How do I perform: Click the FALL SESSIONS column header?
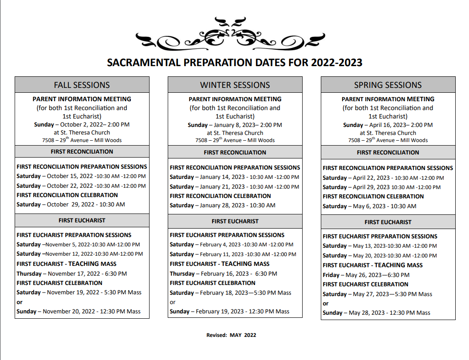click(82, 85)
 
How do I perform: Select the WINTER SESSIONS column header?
click(235, 85)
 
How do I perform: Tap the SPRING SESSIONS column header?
click(388, 85)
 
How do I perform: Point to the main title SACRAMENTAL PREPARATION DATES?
click(235, 63)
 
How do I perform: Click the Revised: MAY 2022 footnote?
click(231, 335)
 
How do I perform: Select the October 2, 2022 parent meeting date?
click(82, 125)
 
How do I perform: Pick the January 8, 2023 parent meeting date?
click(235, 125)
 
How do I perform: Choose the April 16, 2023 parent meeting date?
click(388, 125)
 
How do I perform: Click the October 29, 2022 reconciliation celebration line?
click(71, 205)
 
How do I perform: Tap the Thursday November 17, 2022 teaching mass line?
click(72, 273)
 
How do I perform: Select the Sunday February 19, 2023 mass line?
click(229, 312)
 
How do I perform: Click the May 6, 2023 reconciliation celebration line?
click(370, 206)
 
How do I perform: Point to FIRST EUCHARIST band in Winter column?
click(235, 221)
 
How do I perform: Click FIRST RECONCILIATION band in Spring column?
click(388, 152)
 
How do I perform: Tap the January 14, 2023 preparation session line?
click(234, 177)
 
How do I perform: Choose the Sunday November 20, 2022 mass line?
click(79, 312)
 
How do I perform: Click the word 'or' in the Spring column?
click(326, 304)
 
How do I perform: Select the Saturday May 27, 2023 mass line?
click(377, 294)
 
